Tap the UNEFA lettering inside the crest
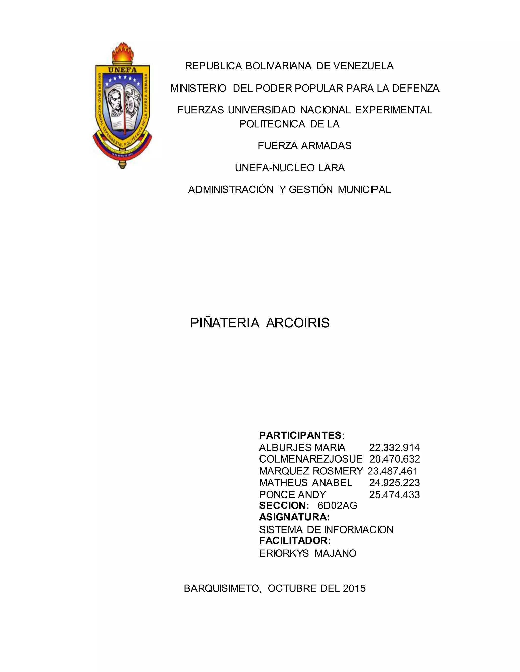pyautogui.click(x=122, y=69)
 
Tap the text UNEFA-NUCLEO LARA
pyautogui.click(x=289, y=168)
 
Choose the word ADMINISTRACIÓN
pyautogui.click(x=231, y=189)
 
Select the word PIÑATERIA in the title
pyautogui.click(x=225, y=323)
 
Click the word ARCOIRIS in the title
pyautogui.click(x=298, y=323)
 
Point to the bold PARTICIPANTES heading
pyautogui.click(x=300, y=435)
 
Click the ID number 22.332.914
pyautogui.click(x=394, y=447)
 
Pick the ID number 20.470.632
pyautogui.click(x=394, y=459)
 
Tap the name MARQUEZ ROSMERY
pyautogui.click(x=311, y=471)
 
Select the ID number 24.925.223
pyautogui.click(x=394, y=483)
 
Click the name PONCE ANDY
pyautogui.click(x=292, y=494)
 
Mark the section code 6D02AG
pyautogui.click(x=337, y=506)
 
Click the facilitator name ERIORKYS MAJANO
pyautogui.click(x=308, y=553)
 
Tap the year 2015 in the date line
pyautogui.click(x=354, y=588)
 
